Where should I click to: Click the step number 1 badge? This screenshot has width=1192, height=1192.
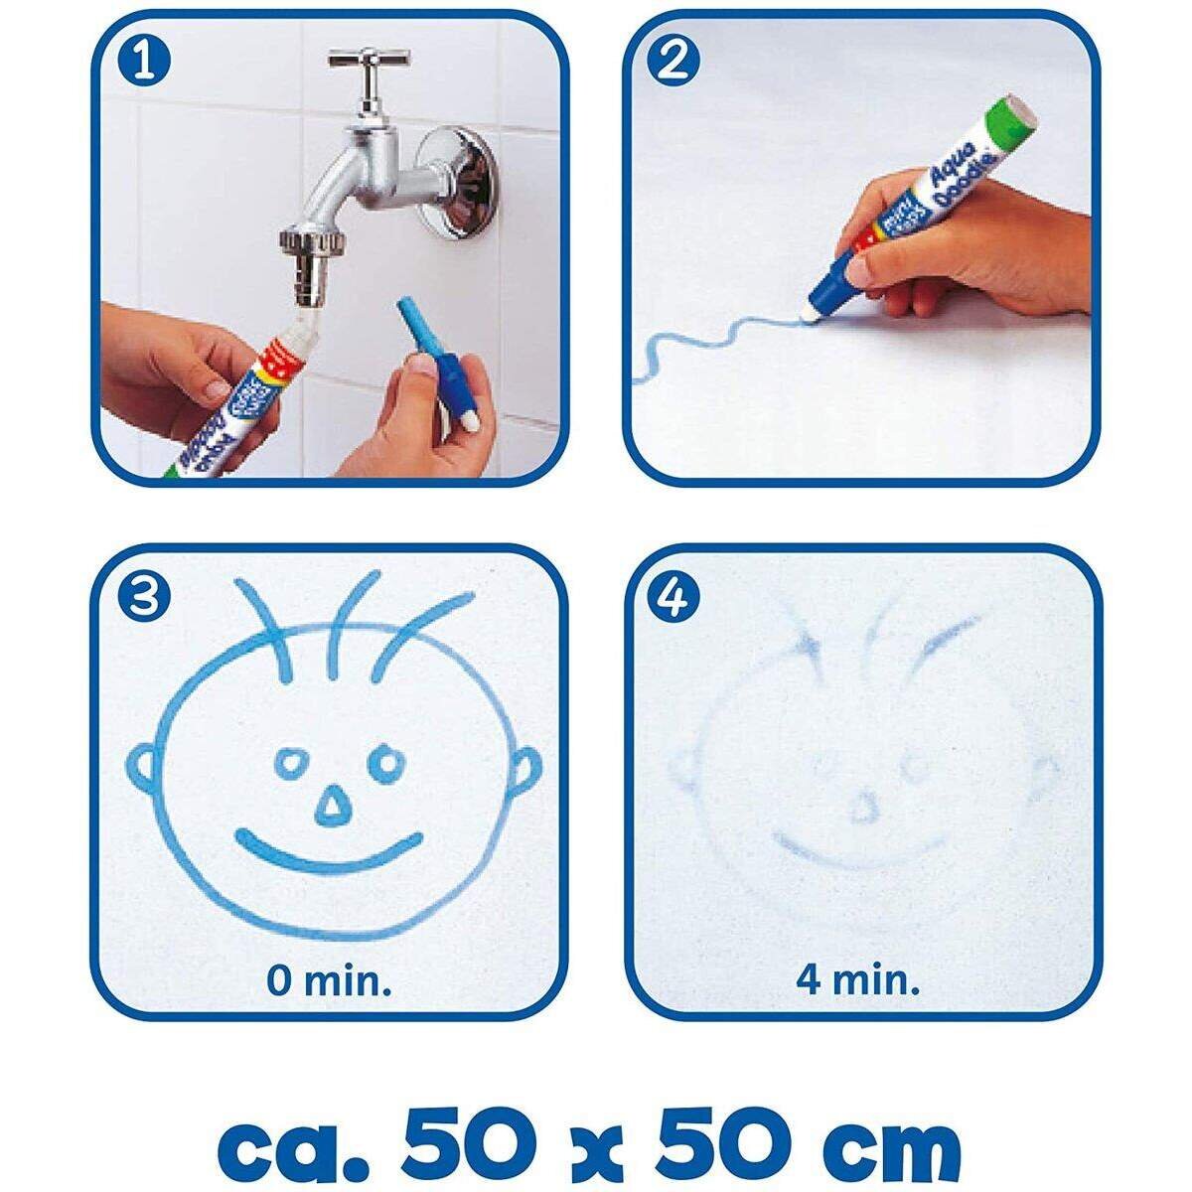145,62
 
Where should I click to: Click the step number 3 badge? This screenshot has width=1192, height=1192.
145,596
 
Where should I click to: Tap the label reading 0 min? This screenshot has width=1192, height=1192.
329,981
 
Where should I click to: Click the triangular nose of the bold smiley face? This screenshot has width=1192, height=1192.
333,808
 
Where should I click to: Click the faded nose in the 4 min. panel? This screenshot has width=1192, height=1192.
862,810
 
